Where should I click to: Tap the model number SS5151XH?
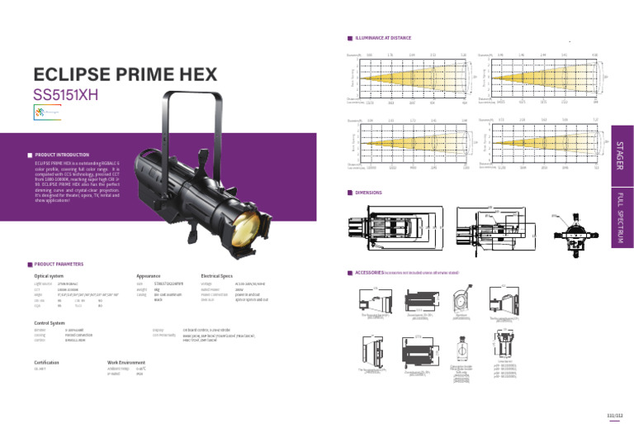point(66,94)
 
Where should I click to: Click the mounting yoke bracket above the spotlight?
point(195,116)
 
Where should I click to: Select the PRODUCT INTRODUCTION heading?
point(62,155)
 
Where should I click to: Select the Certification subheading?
point(46,363)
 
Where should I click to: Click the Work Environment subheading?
point(127,363)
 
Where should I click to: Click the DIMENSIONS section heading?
point(368,192)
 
